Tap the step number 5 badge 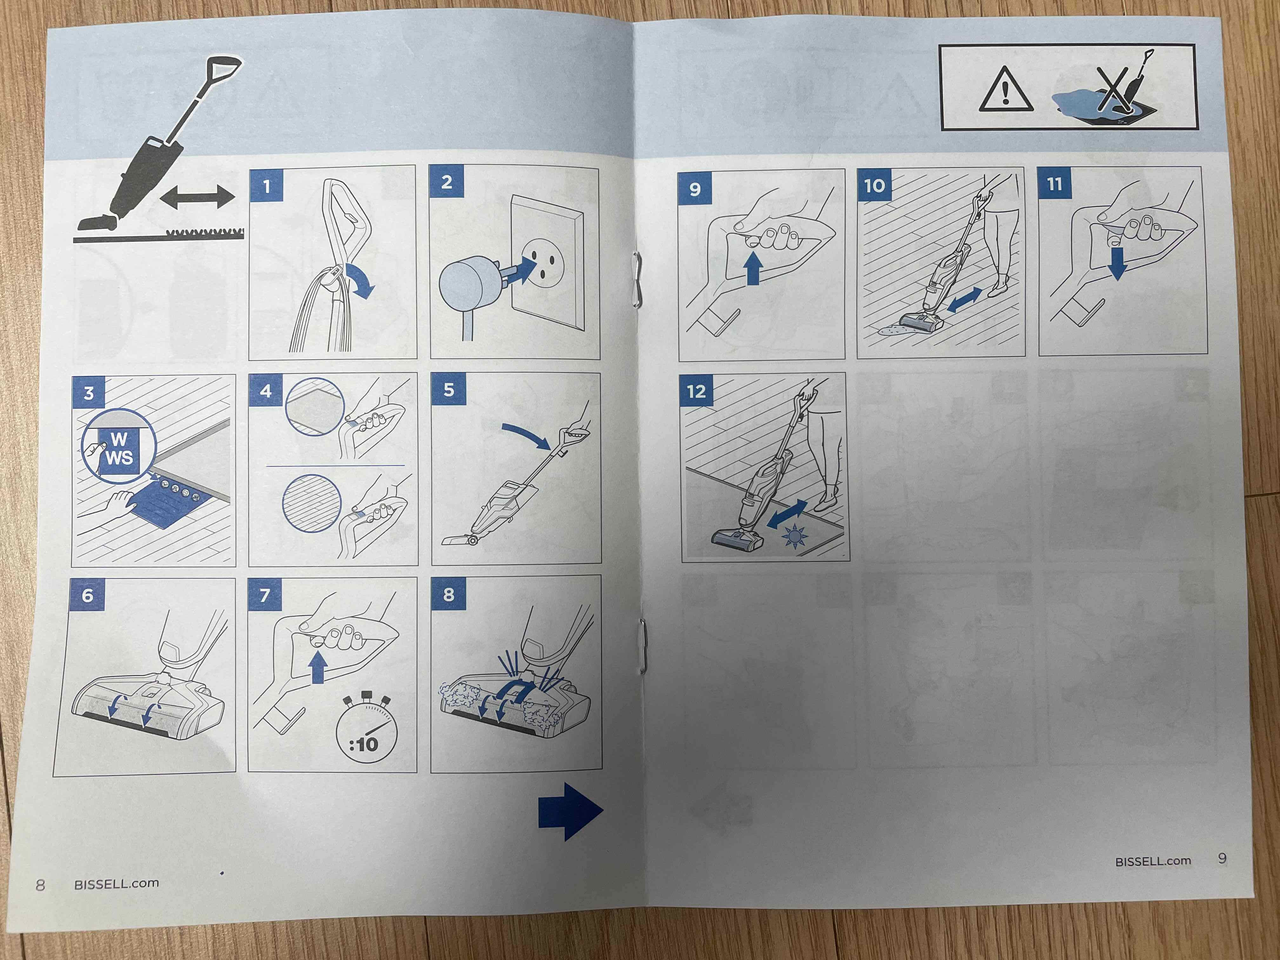pyautogui.click(x=449, y=390)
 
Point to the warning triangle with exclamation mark pyautogui.click(x=1006, y=89)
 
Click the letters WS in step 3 pyautogui.click(x=119, y=458)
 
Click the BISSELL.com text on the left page pyautogui.click(x=116, y=883)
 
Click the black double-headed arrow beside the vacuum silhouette pyautogui.click(x=197, y=197)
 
